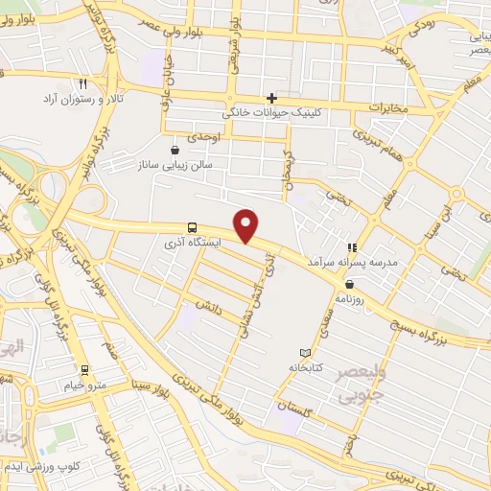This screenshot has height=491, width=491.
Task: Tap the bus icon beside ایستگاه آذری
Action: (194, 228)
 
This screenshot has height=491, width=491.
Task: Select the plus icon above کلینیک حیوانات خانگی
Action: (272, 98)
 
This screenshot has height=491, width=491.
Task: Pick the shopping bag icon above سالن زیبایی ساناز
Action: (175, 150)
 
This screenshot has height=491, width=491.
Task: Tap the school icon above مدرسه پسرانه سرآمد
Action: (352, 246)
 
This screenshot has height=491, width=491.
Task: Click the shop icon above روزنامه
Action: (349, 283)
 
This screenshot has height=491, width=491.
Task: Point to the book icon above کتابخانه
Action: (307, 353)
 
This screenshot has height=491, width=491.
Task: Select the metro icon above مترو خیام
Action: (84, 370)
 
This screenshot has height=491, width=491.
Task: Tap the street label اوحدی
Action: (205, 138)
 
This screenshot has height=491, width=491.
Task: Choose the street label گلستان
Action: (295, 409)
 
